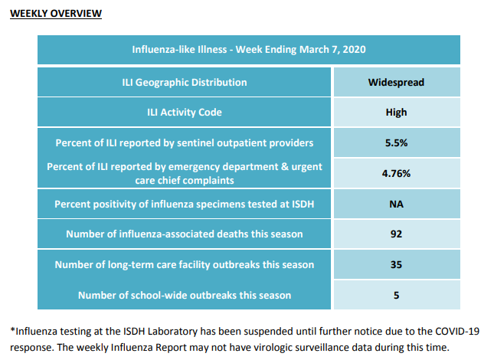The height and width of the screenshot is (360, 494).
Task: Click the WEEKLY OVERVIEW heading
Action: click(x=56, y=14)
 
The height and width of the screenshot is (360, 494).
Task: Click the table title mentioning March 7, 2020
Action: click(x=249, y=50)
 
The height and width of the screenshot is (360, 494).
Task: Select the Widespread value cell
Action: click(x=396, y=82)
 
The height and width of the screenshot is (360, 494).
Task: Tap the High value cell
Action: click(x=396, y=112)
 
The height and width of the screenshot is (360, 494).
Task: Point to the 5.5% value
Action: click(x=396, y=142)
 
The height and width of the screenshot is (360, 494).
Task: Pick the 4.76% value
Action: click(x=396, y=173)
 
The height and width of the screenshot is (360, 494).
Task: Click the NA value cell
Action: click(x=396, y=204)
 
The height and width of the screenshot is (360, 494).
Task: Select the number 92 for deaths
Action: click(x=396, y=234)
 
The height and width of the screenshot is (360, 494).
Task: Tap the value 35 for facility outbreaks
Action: click(x=396, y=264)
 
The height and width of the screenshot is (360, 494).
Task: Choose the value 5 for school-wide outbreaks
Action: click(x=396, y=295)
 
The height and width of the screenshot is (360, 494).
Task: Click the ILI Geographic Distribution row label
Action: click(x=185, y=82)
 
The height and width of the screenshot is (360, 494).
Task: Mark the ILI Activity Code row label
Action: click(x=185, y=112)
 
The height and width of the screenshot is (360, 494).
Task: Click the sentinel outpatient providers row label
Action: click(x=185, y=143)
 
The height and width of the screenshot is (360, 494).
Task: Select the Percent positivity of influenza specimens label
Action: click(x=185, y=204)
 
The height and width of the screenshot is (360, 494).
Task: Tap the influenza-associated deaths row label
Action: click(x=185, y=234)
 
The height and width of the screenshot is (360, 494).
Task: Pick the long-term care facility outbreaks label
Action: click(x=185, y=264)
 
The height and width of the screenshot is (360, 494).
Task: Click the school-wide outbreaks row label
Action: click(x=185, y=295)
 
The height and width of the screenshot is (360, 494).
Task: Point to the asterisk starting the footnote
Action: click(x=12, y=330)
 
